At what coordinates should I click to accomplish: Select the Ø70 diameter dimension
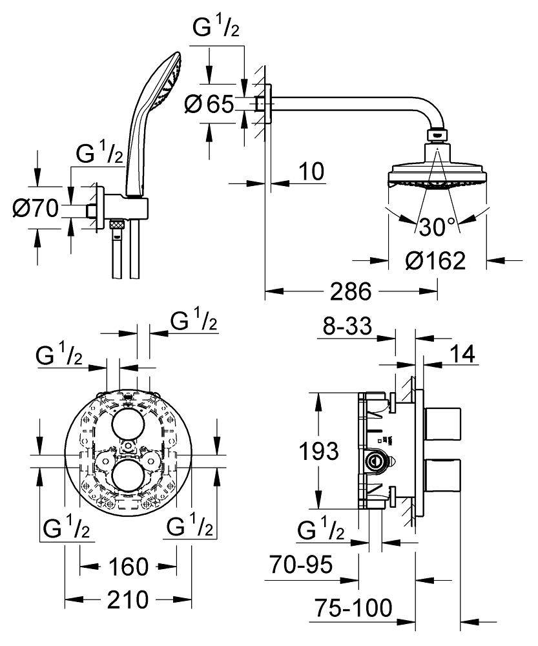[x=36, y=208]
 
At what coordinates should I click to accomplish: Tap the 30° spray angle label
[x=437, y=226]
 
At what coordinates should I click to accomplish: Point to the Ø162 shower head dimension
[x=437, y=260]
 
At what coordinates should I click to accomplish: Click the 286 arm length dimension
[x=351, y=292]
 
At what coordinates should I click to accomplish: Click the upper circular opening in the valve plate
[x=128, y=424]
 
